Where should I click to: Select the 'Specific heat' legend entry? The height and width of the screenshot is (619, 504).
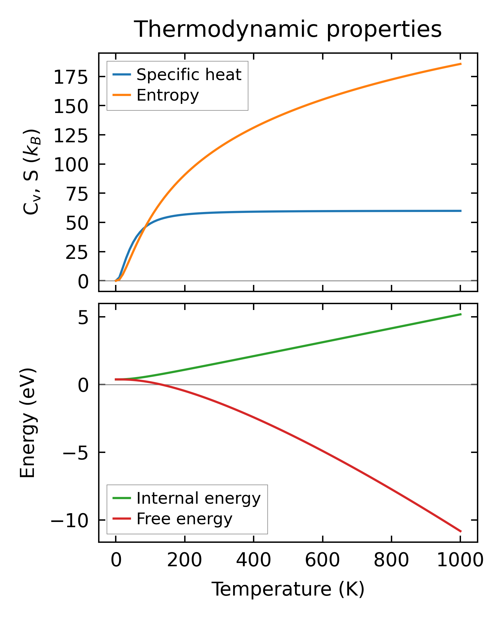[x=188, y=75]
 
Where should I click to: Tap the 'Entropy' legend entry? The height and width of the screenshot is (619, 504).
[x=168, y=95]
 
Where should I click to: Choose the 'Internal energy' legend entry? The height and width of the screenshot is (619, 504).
[x=198, y=498]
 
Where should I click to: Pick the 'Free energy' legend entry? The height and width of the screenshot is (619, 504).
[x=184, y=519]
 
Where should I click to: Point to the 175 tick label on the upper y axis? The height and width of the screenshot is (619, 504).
[x=71, y=78]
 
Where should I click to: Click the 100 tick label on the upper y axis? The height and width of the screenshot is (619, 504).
[x=71, y=165]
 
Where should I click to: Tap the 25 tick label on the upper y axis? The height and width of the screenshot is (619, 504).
[x=77, y=253]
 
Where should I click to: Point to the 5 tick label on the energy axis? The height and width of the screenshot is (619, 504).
[x=83, y=318]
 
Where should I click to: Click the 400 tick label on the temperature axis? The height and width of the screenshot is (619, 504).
[x=253, y=560]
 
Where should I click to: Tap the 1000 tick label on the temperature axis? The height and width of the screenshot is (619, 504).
[x=460, y=560]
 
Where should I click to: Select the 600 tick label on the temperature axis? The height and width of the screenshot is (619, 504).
[x=322, y=560]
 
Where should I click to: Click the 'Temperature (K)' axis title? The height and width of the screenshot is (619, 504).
[x=288, y=589]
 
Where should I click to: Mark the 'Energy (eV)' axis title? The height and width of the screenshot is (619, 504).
[x=27, y=423]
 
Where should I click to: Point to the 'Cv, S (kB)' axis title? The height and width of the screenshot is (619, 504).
[x=32, y=172]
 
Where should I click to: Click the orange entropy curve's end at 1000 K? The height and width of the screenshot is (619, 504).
[x=461, y=64]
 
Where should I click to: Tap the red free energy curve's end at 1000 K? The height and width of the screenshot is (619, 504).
[x=461, y=531]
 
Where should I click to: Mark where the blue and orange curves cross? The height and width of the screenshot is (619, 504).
[x=145, y=226]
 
